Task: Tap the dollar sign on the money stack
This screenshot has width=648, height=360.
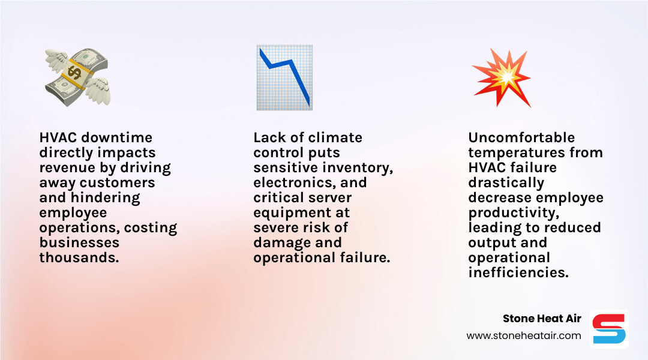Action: [75, 73]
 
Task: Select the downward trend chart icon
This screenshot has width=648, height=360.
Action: [284, 77]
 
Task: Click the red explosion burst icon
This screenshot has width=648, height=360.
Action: [501, 77]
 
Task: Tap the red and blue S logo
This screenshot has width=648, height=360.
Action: [609, 329]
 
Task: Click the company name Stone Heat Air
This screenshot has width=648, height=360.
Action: [542, 319]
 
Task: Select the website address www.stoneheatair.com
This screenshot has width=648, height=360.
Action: [524, 336]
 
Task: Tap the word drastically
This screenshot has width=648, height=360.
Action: [506, 183]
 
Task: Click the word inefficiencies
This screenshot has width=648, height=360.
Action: [518, 273]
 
